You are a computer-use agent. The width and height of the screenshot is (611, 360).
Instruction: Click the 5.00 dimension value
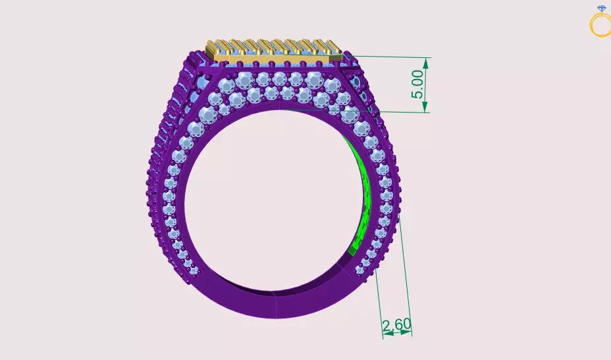[x=417, y=85]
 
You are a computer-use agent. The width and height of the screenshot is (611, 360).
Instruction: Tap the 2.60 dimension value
[x=396, y=324]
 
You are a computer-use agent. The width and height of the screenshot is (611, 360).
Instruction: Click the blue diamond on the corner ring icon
[x=600, y=9]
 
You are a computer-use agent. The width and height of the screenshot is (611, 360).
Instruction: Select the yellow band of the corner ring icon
[x=600, y=26]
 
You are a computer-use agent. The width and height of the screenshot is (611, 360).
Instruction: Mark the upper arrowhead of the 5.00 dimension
[x=427, y=63]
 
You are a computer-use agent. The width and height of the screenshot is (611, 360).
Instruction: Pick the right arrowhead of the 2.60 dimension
[x=408, y=333]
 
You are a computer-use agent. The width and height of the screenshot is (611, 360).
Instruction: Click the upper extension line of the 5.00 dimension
[x=388, y=57]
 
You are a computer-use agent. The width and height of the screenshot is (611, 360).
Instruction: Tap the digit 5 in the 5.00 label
[x=417, y=95]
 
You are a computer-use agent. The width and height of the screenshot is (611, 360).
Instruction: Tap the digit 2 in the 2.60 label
[x=386, y=324]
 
